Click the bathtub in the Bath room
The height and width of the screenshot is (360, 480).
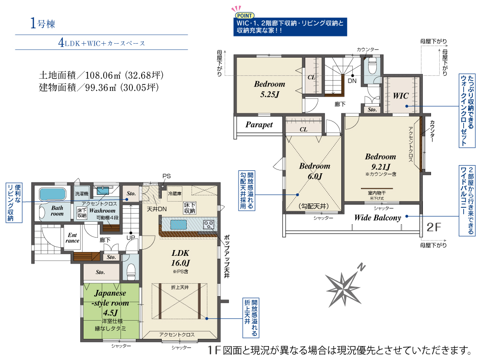[53, 194]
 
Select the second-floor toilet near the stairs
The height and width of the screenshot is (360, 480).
[372, 66]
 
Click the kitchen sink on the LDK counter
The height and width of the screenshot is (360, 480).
[179, 225]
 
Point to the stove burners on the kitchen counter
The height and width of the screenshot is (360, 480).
[208, 225]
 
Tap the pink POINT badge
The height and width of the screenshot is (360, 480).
[245, 15]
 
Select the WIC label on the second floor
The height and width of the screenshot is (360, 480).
[400, 96]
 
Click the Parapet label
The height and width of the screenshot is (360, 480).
[259, 125]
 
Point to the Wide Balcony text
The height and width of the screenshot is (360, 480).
[377, 217]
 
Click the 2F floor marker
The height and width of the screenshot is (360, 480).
[434, 227]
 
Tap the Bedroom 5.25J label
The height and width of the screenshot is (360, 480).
[269, 89]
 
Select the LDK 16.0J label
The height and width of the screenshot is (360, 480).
[180, 258]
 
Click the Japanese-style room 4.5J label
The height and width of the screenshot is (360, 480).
[110, 303]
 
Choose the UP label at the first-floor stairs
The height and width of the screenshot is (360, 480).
[131, 238]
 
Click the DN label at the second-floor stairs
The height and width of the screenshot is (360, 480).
[352, 81]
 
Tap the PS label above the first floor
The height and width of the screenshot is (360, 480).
[167, 176]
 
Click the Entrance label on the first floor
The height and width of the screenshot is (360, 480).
[72, 238]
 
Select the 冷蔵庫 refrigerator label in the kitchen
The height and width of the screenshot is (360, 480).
[175, 193]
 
